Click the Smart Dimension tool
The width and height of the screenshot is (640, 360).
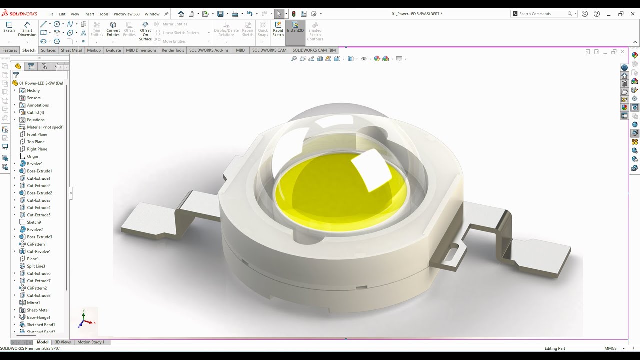pos(27,29)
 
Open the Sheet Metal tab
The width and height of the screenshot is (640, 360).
pos(71,50)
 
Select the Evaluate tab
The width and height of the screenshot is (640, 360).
pos(113,50)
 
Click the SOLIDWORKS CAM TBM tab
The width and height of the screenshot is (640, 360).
pos(314,50)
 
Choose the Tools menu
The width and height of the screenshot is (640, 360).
pos(104,14)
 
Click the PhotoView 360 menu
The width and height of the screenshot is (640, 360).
pos(126,14)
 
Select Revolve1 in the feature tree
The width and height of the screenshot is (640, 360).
pos(35,164)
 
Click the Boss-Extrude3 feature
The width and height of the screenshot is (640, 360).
pos(39,237)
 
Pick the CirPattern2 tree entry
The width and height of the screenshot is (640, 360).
pos(37,288)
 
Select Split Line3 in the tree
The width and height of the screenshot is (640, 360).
pos(36,266)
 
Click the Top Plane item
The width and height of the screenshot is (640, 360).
pos(36,142)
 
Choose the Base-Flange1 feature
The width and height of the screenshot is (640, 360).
pos(38,317)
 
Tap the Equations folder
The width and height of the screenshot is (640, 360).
pos(35,120)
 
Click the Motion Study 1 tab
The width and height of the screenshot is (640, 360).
pos(91,342)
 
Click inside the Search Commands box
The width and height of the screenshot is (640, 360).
pos(542,14)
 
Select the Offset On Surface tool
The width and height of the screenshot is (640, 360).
pos(145,31)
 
